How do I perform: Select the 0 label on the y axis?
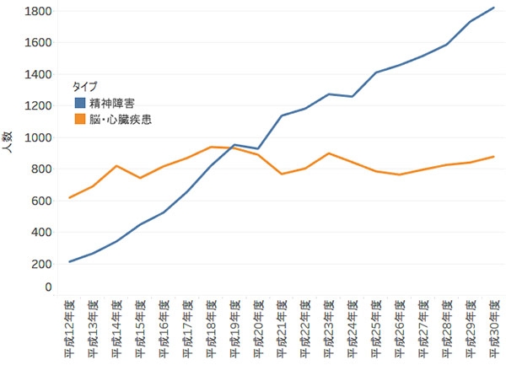point(49,287)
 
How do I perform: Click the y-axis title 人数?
point(8,144)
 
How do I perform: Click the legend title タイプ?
point(85,86)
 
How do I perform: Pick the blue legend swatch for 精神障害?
point(80,103)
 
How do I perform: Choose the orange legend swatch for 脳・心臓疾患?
point(80,120)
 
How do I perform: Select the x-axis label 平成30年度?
point(493,330)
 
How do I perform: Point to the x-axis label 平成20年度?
point(258,330)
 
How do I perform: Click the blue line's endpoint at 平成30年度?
point(493,8)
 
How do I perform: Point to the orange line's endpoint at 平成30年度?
point(493,157)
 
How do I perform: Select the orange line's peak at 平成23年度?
point(328,153)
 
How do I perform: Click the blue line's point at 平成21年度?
point(282,115)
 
